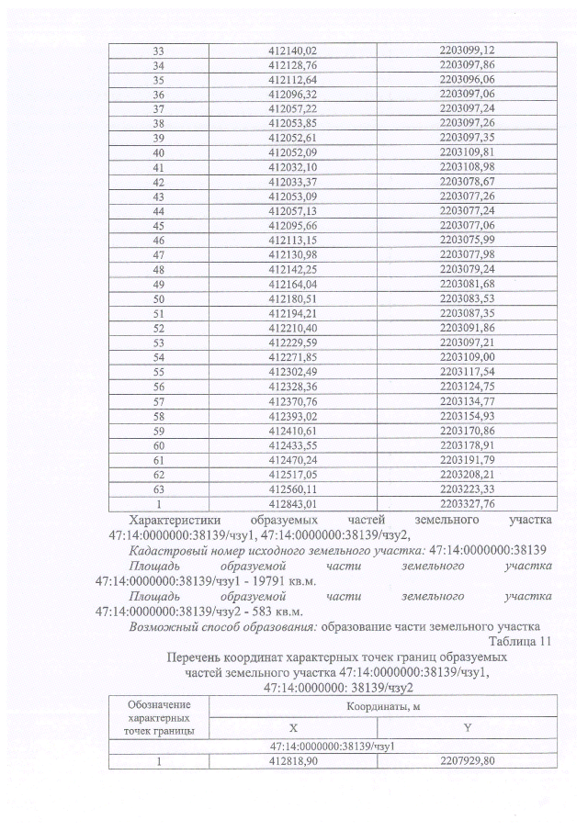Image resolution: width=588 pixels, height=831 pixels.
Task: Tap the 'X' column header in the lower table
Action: click(293, 726)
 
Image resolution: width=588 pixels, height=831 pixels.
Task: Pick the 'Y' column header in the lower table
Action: click(467, 726)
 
